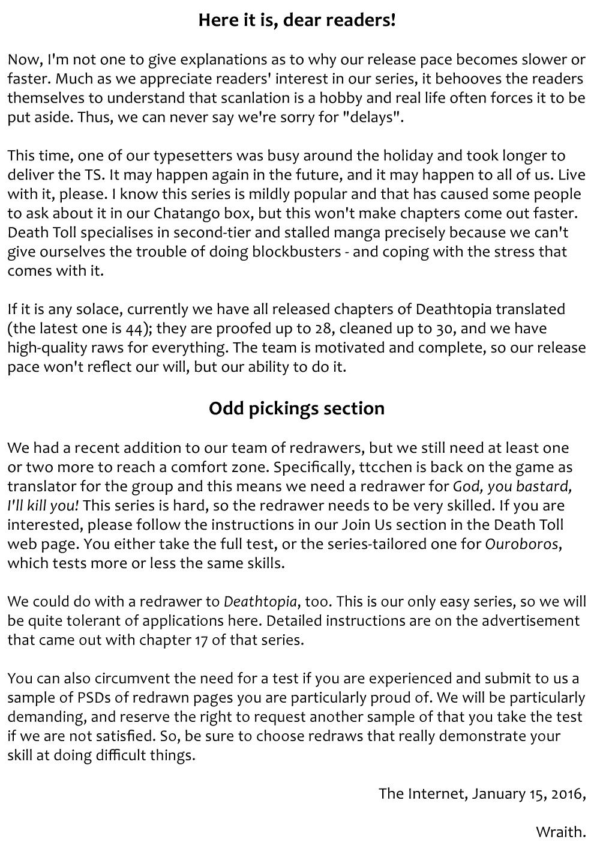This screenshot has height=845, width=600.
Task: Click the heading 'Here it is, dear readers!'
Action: point(297,20)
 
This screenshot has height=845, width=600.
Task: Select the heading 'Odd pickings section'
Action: point(296,408)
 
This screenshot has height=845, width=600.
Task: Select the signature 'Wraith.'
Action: point(560,832)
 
